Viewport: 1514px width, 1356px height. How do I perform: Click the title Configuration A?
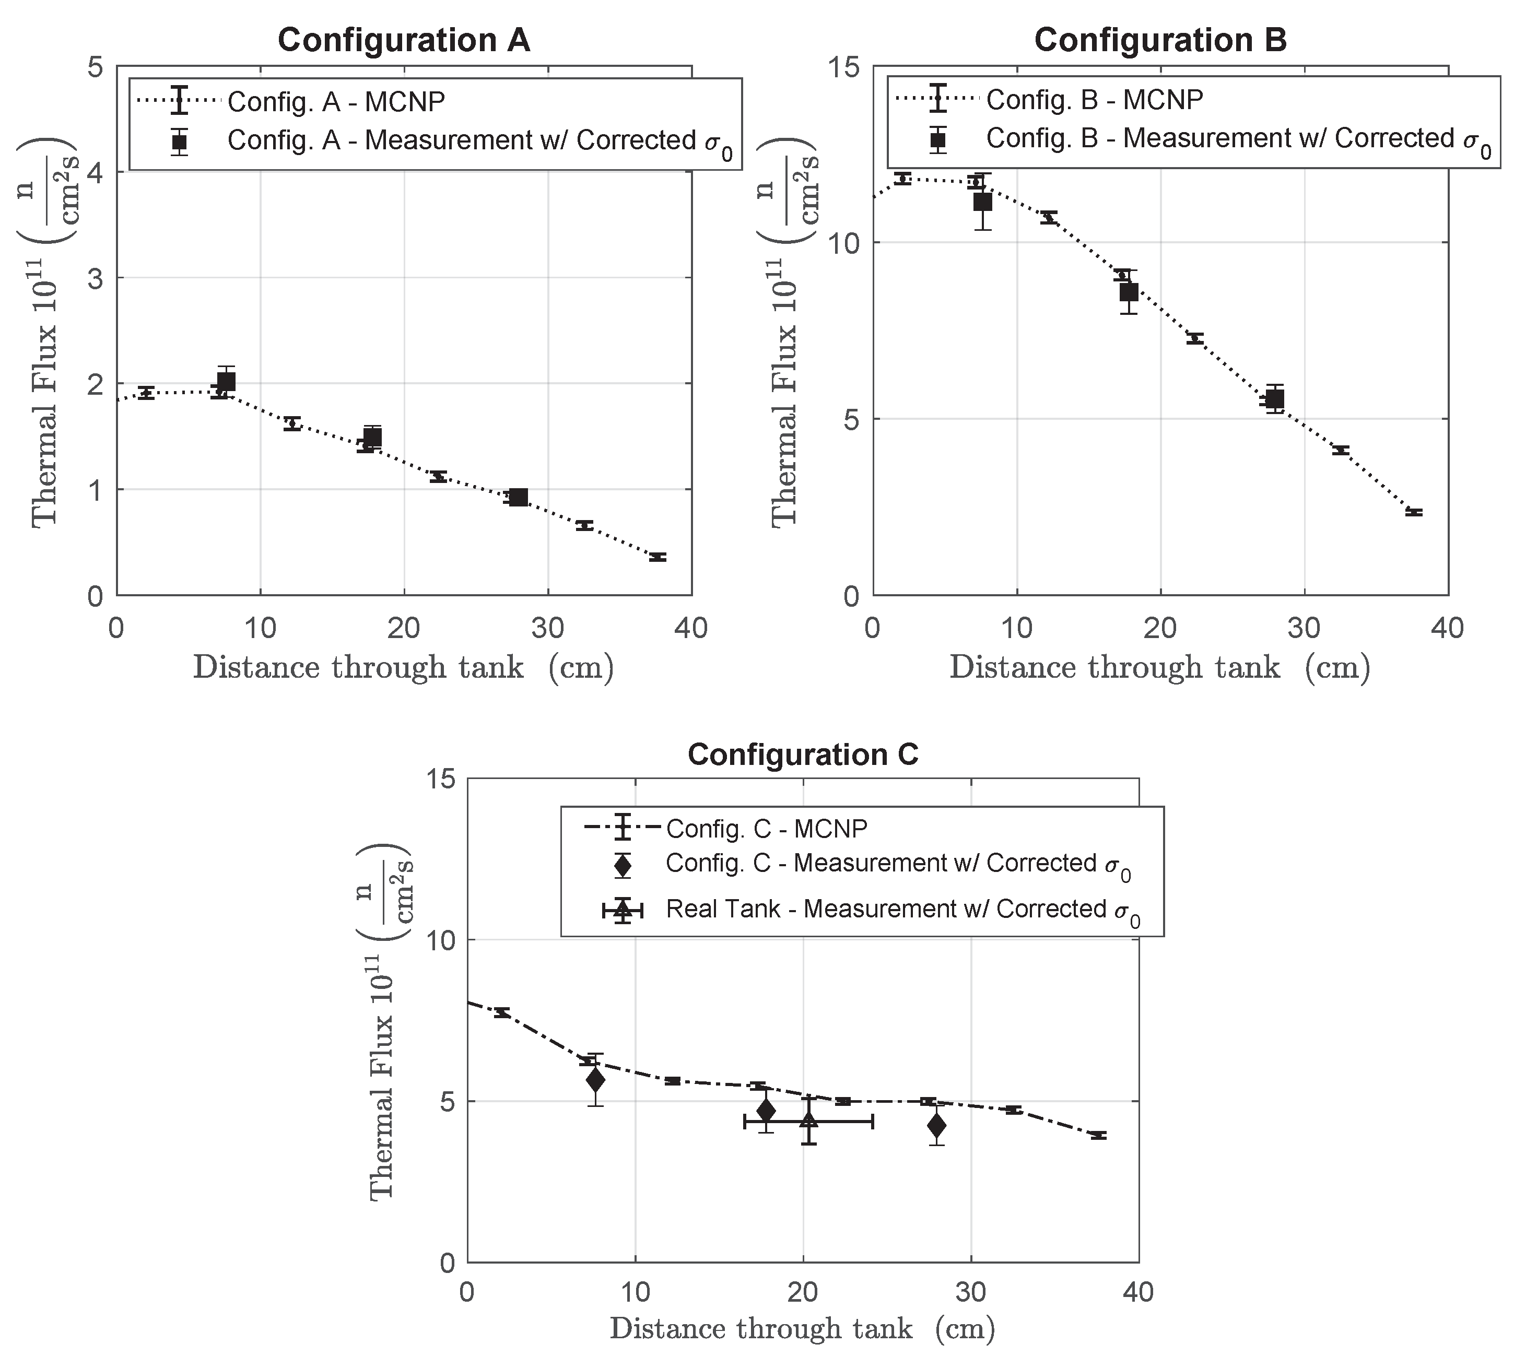[404, 40]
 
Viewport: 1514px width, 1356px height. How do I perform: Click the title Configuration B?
[1160, 40]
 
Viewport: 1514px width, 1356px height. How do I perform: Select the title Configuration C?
[803, 754]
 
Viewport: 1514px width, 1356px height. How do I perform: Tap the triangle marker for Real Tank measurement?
[808, 1122]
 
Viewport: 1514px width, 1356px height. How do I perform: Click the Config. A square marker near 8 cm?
[226, 382]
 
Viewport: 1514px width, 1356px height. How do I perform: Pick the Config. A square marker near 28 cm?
[519, 497]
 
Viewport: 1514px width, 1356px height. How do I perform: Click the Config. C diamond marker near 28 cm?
[937, 1125]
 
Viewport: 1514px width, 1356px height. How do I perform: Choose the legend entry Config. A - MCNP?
[335, 101]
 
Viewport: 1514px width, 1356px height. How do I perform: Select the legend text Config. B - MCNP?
[1094, 99]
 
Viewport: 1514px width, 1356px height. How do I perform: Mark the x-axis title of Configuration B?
[1159, 668]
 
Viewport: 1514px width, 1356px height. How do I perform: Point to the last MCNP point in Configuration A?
[657, 557]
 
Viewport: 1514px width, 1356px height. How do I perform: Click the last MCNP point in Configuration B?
[1413, 512]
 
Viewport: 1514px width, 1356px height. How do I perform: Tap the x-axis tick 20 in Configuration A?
[404, 628]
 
